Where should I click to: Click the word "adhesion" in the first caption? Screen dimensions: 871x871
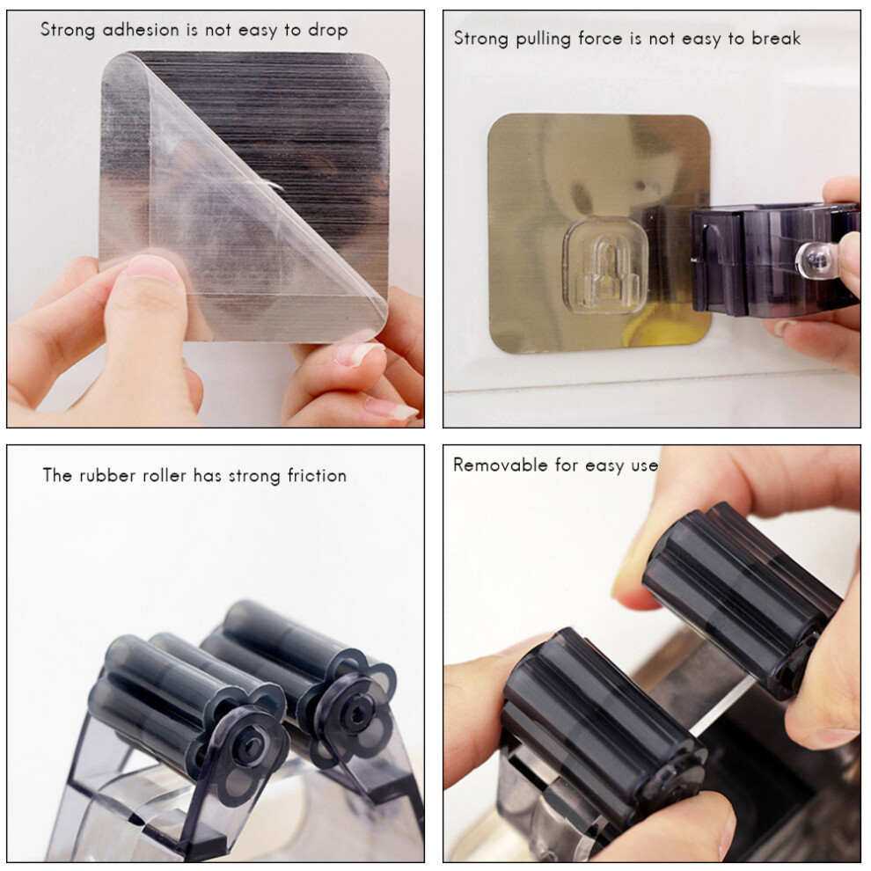coord(141,29)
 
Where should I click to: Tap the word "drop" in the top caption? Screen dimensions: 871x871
coord(328,31)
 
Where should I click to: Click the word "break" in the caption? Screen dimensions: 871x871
coord(776,39)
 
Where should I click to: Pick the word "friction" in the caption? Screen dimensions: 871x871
coord(318,475)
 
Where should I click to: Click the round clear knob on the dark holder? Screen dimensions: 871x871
coord(816,260)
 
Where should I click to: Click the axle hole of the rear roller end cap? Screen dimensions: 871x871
coord(355,714)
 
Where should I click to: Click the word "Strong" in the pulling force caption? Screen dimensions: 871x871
coord(481,39)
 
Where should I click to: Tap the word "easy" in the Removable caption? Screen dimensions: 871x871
coord(605,465)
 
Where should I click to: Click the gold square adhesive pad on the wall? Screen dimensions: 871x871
coord(599,233)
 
